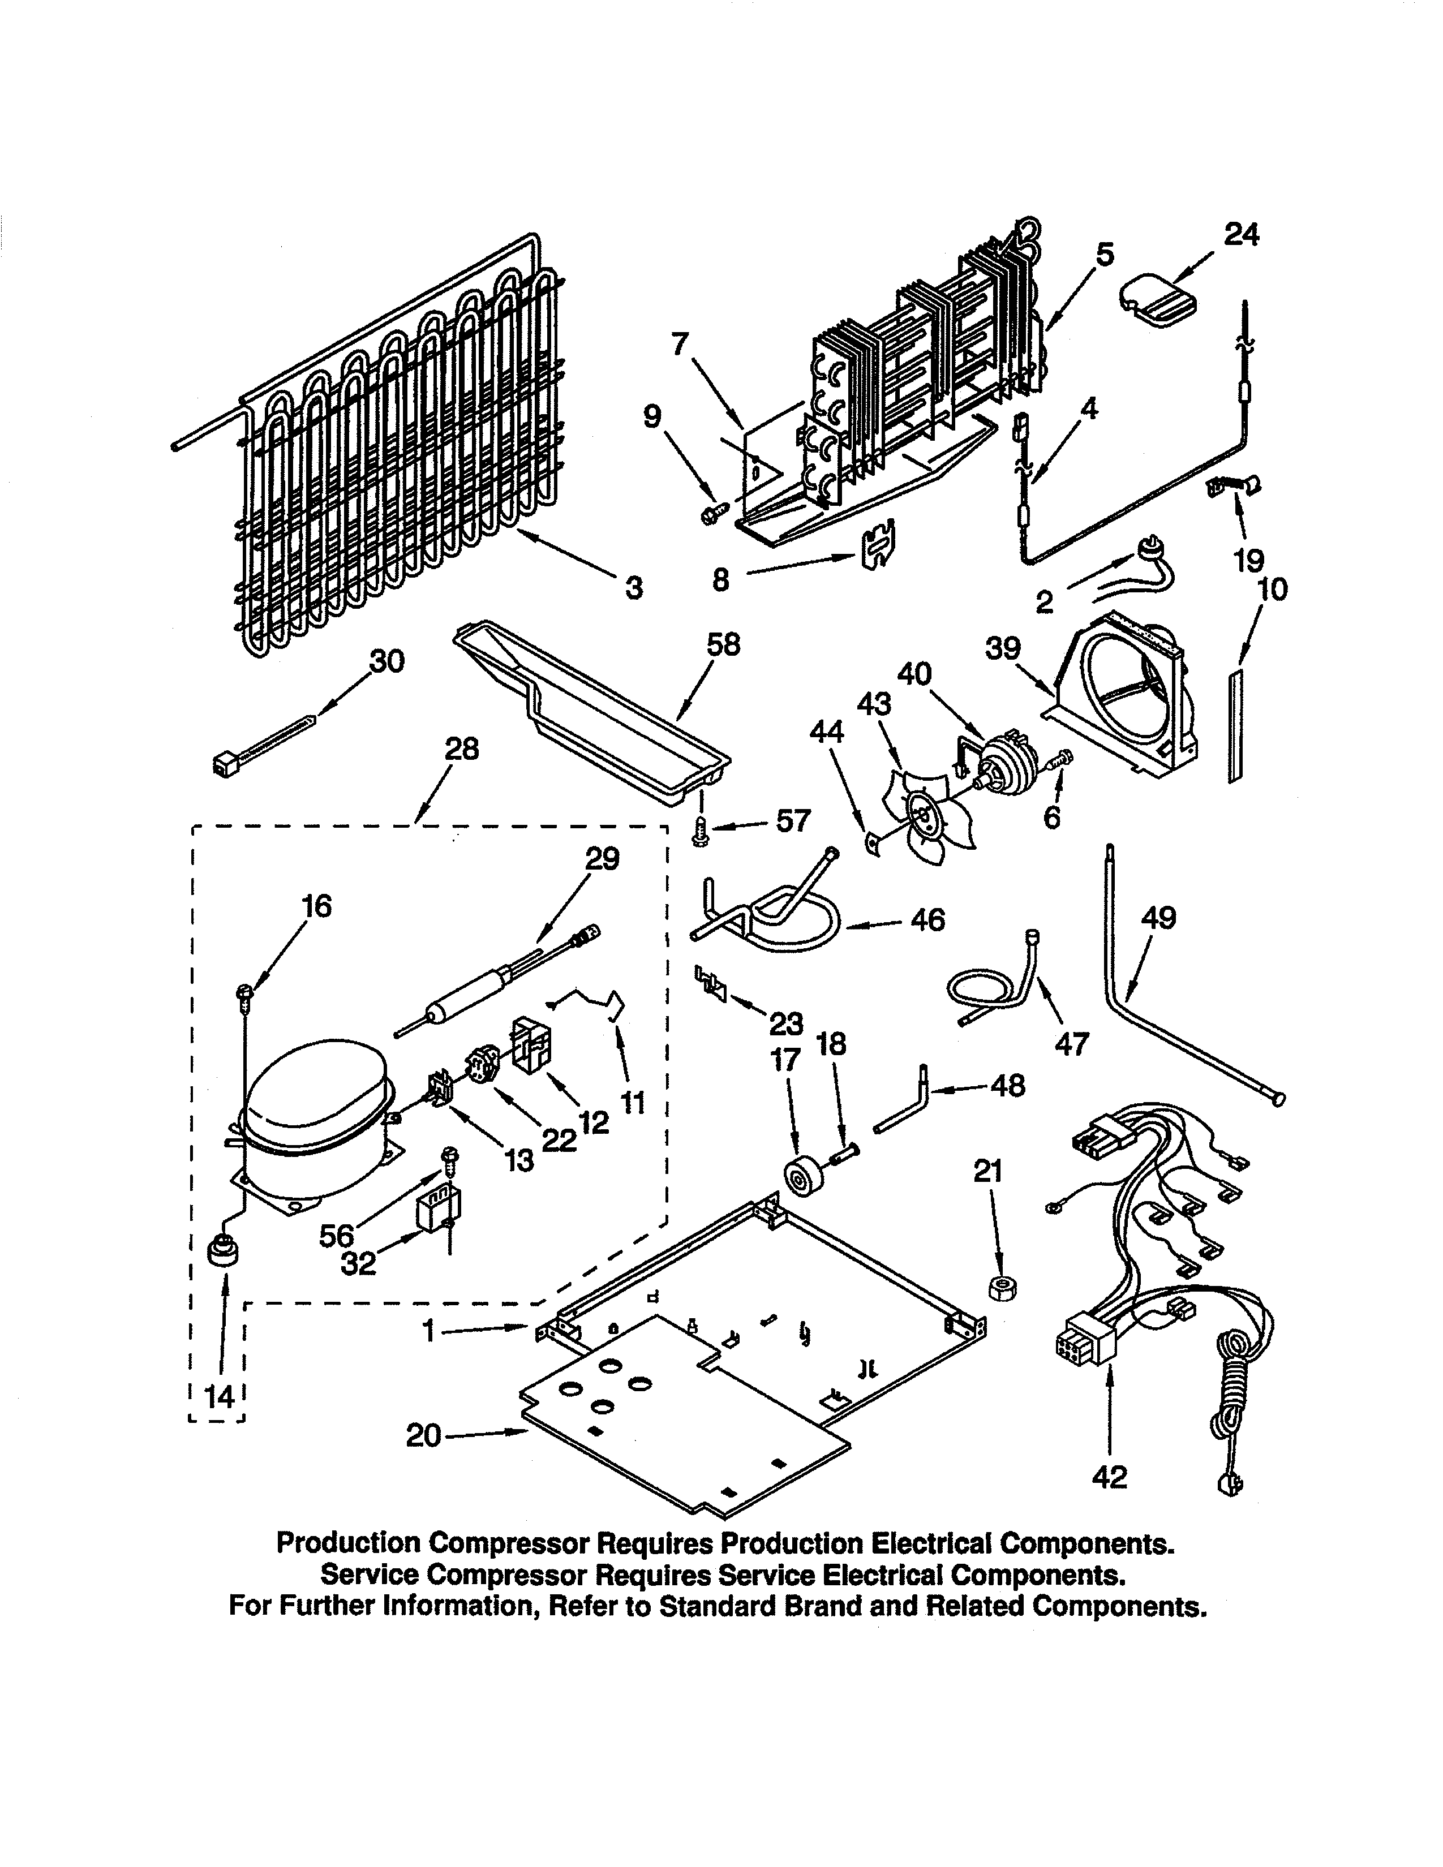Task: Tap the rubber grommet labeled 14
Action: [x=223, y=1253]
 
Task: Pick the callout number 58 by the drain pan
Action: [x=723, y=644]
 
